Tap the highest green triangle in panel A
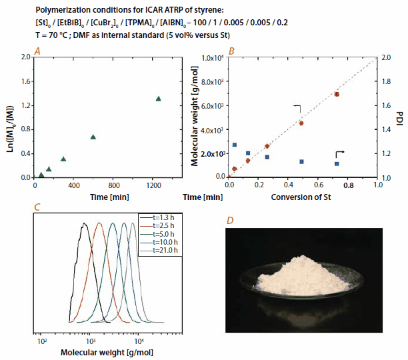pos(158,99)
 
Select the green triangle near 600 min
pos(93,137)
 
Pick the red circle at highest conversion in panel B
pos(337,94)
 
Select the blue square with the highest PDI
pos(234,145)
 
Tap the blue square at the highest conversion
pos(337,164)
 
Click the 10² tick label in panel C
pos(41,339)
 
